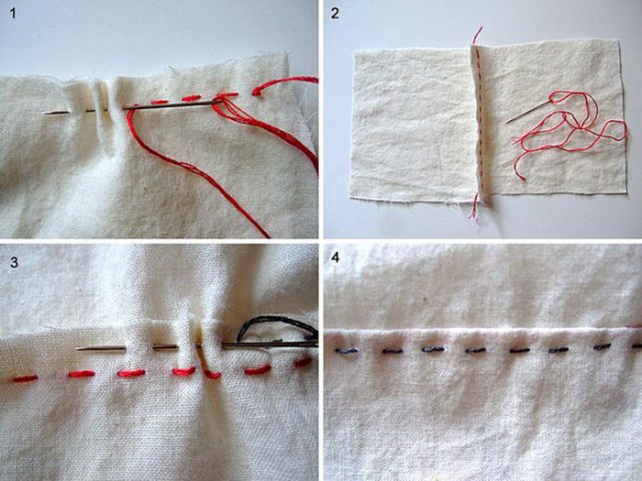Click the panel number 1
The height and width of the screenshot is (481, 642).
pyautogui.click(x=13, y=14)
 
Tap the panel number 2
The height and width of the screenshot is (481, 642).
pyautogui.click(x=335, y=14)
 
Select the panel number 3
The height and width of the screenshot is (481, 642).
pyautogui.click(x=14, y=261)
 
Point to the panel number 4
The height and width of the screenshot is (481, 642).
pyautogui.click(x=335, y=258)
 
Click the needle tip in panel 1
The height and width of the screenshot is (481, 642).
pyautogui.click(x=42, y=114)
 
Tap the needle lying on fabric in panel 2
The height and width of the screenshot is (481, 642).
pyautogui.click(x=529, y=110)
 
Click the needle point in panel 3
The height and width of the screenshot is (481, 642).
pyautogui.click(x=77, y=349)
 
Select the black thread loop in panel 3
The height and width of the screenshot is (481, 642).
pyautogui.click(x=276, y=327)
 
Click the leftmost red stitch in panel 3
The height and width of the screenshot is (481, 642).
pyautogui.click(x=25, y=378)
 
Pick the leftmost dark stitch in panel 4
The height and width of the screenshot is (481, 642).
pyautogui.click(x=347, y=351)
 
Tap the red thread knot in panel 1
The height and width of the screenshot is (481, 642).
pyautogui.click(x=257, y=92)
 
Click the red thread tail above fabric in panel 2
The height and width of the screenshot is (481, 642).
pyautogui.click(x=477, y=36)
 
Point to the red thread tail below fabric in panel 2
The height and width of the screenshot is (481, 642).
pyautogui.click(x=474, y=206)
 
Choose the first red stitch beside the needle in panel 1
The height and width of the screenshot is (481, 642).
pyautogui.click(x=160, y=102)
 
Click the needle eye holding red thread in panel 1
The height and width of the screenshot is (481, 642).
pyautogui.click(x=217, y=103)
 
